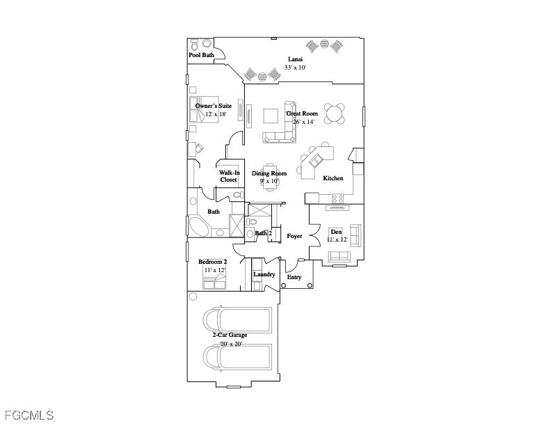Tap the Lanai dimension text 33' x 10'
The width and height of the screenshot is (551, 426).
click(x=296, y=68)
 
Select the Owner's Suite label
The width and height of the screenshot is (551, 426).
click(x=214, y=106)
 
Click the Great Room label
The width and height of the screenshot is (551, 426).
click(x=302, y=113)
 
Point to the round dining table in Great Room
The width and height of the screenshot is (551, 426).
click(x=335, y=113)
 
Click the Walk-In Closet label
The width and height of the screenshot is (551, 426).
click(x=229, y=176)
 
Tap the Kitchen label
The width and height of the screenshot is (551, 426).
click(x=333, y=179)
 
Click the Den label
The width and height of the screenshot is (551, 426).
click(x=336, y=232)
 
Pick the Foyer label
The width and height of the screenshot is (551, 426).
click(x=294, y=237)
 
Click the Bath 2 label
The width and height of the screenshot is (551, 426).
click(x=263, y=233)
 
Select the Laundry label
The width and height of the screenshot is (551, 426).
click(x=264, y=274)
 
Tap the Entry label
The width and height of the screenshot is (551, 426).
click(x=295, y=278)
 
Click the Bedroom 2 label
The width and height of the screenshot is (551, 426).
click(x=213, y=262)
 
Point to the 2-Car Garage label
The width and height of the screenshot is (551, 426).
click(x=230, y=336)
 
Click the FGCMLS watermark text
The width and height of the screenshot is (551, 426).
click(x=28, y=416)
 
